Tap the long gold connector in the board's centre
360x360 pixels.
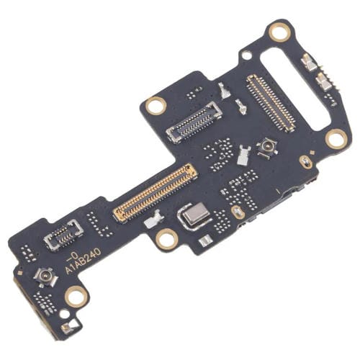[155, 191]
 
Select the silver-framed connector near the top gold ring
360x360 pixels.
[194, 120]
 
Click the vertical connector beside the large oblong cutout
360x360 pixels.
[271, 102]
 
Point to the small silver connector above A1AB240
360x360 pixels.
[64, 235]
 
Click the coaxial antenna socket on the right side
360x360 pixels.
[267, 148]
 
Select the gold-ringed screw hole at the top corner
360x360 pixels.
[279, 32]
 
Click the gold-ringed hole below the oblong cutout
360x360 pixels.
[335, 138]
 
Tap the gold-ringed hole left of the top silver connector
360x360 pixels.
[155, 106]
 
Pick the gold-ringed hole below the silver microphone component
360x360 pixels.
[166, 238]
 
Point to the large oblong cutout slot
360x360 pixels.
[294, 79]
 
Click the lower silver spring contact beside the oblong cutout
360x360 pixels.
[325, 84]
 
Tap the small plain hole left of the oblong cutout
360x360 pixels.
[247, 55]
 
